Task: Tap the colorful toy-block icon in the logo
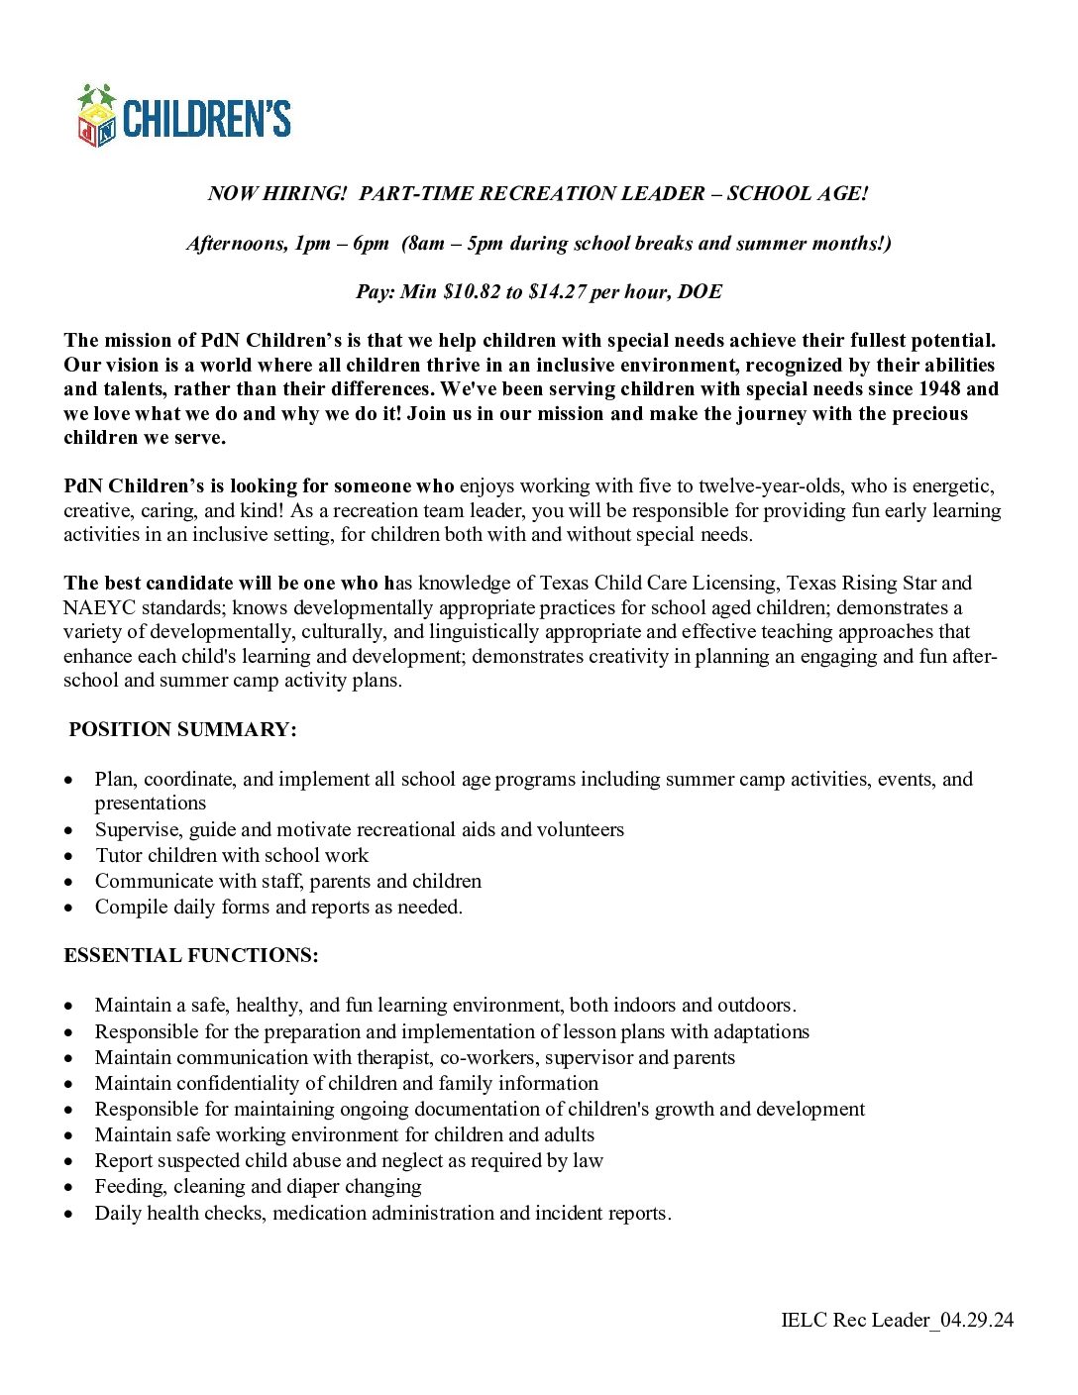97,117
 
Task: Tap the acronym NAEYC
95,608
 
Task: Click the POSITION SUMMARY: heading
182,730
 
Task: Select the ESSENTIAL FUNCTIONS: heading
191,956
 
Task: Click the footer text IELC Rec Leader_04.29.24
897,1320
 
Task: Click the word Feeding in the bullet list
129,1187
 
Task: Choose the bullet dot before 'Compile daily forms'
68,908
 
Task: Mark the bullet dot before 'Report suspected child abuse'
68,1161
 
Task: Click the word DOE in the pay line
700,292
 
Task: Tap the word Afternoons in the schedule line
235,244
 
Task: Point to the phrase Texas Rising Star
861,584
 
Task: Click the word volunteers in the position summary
580,830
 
